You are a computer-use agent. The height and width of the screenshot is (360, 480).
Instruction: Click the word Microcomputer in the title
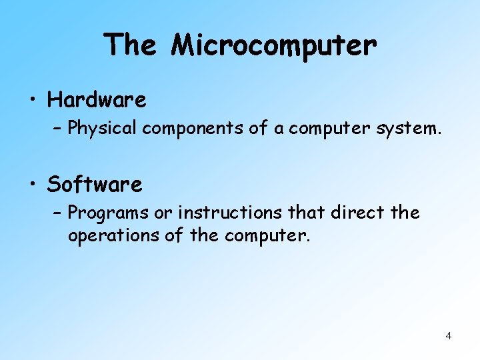point(273,45)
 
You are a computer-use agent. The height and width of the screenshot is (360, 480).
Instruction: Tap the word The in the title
point(131,45)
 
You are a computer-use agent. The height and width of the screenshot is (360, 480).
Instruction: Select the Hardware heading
point(97,101)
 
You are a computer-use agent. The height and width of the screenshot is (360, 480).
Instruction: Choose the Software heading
point(95,184)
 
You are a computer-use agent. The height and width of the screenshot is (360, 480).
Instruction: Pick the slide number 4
point(448,336)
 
